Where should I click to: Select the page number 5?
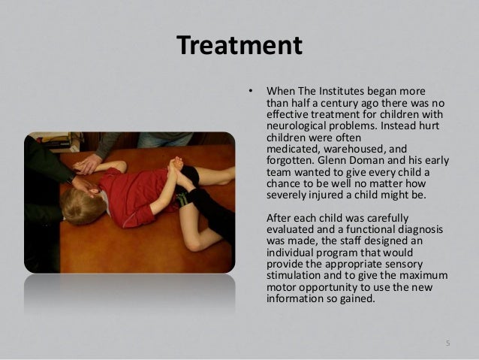[x=448, y=343]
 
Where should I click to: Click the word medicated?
[x=294, y=149]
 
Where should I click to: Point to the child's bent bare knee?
[x=194, y=242]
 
